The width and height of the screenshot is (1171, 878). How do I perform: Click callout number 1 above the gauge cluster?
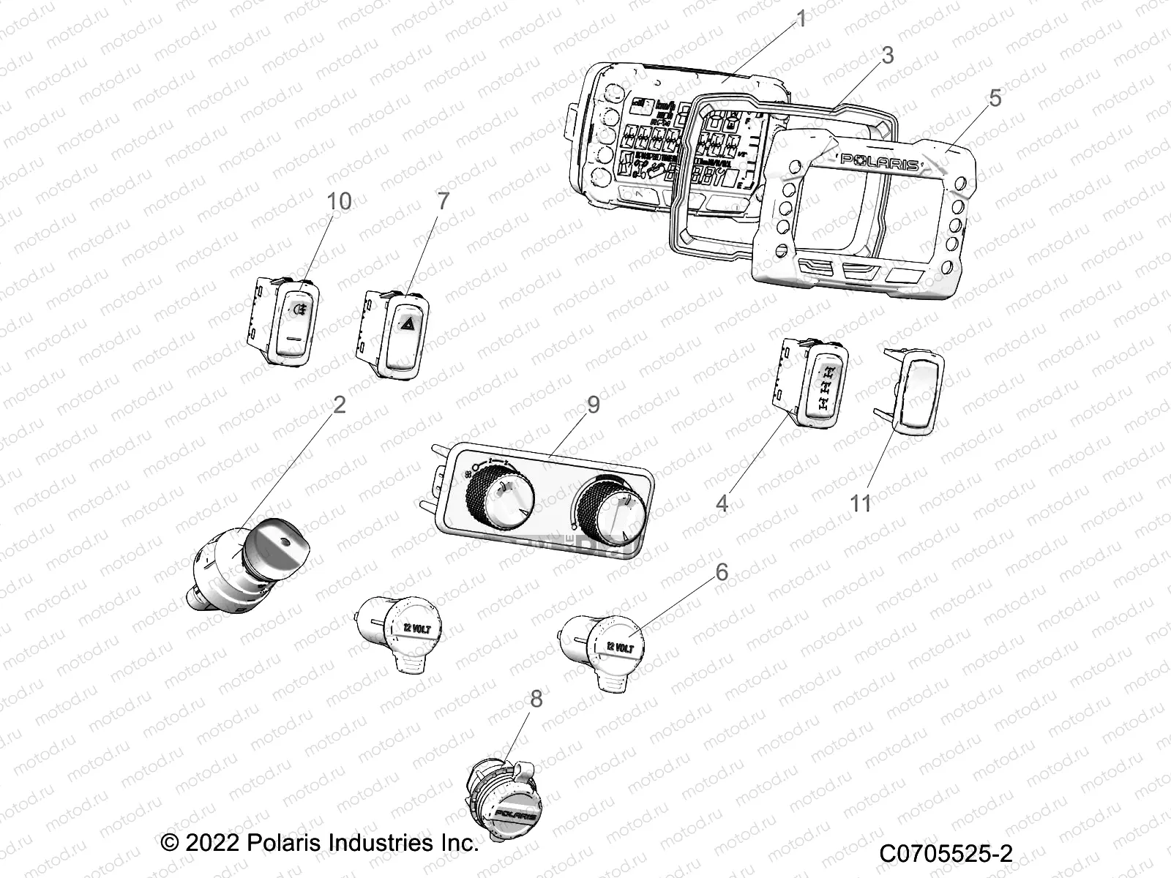[x=801, y=19]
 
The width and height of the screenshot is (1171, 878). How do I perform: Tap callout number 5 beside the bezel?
[x=995, y=98]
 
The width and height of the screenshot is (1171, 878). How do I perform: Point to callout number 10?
[x=340, y=201]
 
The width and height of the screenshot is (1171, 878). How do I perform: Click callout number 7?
[x=443, y=201]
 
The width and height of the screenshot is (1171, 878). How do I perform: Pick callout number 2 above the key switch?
[x=339, y=404]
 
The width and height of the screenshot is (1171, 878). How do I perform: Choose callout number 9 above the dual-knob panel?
[x=593, y=404]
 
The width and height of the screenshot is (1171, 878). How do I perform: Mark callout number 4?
[x=722, y=503]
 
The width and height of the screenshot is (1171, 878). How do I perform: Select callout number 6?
[x=722, y=571]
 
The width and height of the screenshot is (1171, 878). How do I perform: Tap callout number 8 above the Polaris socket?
[x=536, y=699]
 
